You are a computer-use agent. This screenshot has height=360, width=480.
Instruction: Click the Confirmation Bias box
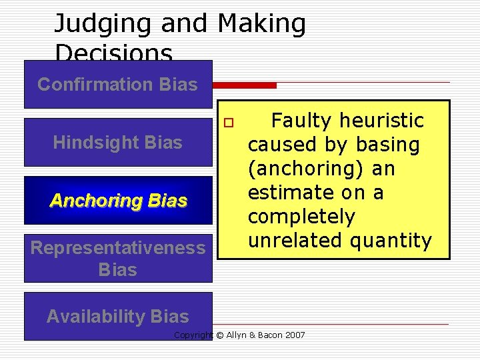click(117, 85)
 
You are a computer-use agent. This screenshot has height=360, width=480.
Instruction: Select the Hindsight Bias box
click(117, 142)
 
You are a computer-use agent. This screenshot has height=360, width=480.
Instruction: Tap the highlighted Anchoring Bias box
click(118, 200)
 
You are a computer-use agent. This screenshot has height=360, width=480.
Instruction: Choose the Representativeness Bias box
click(118, 258)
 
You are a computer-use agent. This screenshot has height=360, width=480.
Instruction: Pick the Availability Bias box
click(118, 316)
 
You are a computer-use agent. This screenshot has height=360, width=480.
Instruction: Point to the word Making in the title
click(261, 24)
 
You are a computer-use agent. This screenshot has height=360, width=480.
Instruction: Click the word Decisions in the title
click(113, 53)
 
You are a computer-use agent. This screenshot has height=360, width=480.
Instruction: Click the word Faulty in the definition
click(303, 121)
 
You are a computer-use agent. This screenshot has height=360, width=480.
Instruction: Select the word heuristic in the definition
click(382, 121)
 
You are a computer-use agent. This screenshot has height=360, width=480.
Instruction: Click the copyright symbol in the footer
click(219, 335)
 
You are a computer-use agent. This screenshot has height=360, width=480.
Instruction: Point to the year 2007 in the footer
click(294, 335)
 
